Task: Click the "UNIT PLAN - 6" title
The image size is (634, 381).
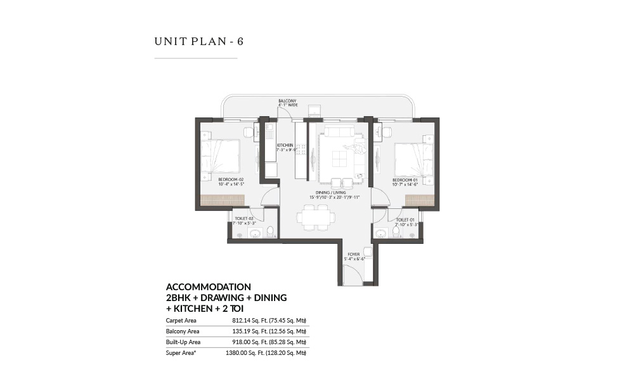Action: tap(198, 42)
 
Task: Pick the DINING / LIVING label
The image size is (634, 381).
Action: tap(334, 194)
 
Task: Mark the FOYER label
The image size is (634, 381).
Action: tap(355, 257)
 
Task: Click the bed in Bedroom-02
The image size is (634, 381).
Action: tap(221, 156)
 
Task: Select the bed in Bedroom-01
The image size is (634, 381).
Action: tap(412, 158)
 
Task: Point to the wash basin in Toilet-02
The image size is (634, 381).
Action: tap(255, 234)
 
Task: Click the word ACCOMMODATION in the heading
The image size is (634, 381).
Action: tap(208, 286)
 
